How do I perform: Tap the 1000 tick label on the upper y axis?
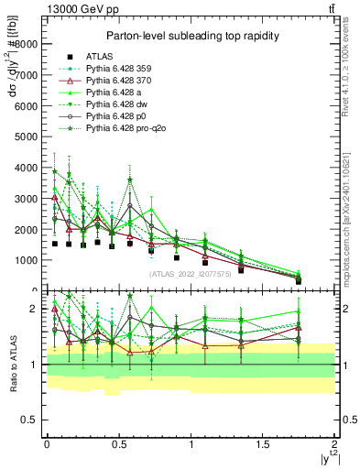(27, 260)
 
